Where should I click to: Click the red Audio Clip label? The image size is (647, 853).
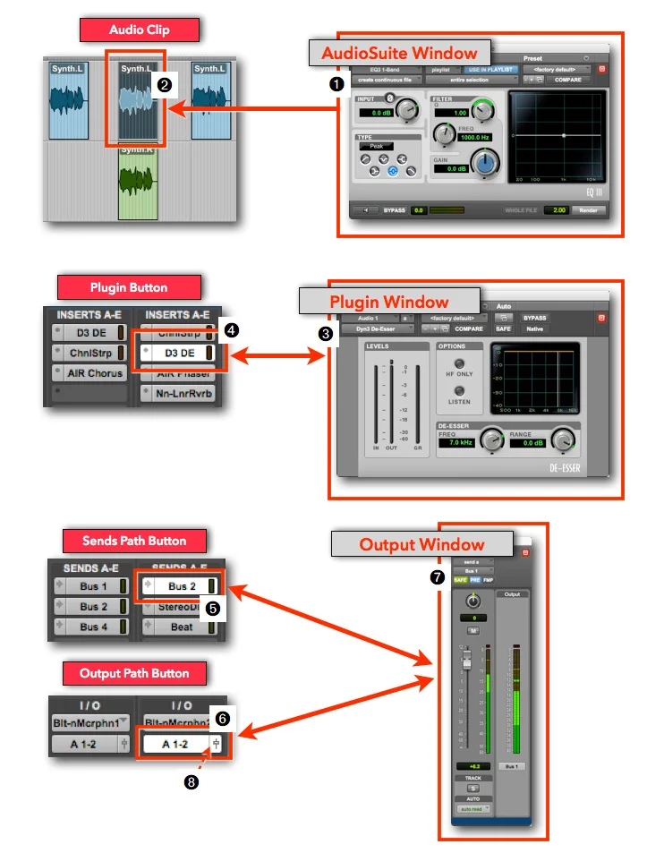point(139,30)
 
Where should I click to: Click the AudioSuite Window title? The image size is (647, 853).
point(400,53)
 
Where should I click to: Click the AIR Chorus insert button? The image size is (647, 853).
point(92,373)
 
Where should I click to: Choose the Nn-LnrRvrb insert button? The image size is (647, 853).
point(178,393)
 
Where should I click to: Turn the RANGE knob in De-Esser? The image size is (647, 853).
point(563,439)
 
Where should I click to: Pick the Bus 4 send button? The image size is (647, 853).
point(89,627)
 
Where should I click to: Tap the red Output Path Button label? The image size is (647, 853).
point(133,673)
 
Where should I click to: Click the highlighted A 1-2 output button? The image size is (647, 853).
point(175,744)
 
